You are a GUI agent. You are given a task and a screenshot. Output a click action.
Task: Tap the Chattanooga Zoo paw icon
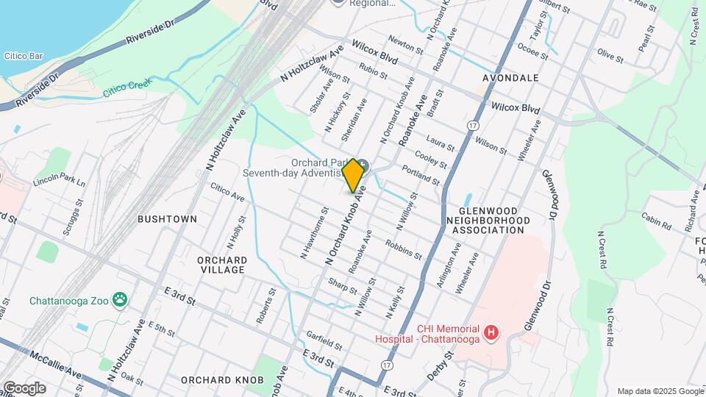click(x=120, y=300)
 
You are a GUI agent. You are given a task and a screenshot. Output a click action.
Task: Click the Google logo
click(x=24, y=388)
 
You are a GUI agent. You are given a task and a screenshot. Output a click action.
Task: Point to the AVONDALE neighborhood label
click(x=510, y=77)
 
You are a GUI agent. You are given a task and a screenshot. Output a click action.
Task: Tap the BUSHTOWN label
click(x=168, y=219)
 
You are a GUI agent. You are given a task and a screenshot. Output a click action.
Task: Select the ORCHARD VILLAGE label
click(x=221, y=265)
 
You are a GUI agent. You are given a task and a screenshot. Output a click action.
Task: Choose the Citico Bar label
click(x=25, y=55)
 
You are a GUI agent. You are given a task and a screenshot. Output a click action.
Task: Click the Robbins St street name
click(x=403, y=250)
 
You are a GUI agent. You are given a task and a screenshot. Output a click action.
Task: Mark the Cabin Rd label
click(x=656, y=221)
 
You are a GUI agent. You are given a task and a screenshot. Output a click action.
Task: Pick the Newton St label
click(x=406, y=48)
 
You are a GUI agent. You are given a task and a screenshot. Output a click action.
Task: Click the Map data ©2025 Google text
click(x=659, y=391)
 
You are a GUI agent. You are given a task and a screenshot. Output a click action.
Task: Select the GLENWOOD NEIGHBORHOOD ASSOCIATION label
click(x=488, y=220)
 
